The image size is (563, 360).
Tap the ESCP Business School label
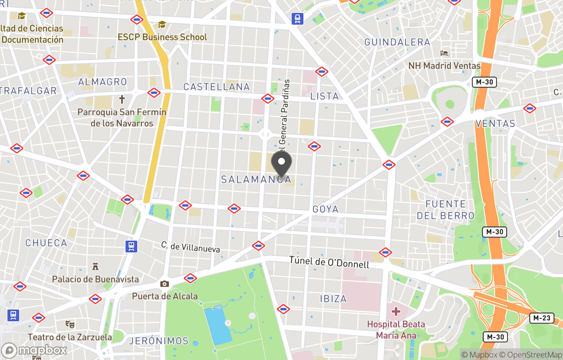(162, 37)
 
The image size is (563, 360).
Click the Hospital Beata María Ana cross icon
(396, 312)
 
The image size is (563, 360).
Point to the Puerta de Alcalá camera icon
(165, 284)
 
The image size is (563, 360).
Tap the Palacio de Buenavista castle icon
(95, 267)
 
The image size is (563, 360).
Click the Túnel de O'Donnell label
(329, 262)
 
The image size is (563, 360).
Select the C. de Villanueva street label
(190, 247)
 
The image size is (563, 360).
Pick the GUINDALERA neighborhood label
(397, 42)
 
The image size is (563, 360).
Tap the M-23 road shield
(542, 318)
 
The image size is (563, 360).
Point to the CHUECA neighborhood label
(46, 243)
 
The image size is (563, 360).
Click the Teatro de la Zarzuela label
(70, 337)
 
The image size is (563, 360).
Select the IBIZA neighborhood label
(333, 299)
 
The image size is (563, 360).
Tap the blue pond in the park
(218, 325)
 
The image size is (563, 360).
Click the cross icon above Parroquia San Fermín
(122, 99)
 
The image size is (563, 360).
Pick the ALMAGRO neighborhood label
(102, 82)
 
